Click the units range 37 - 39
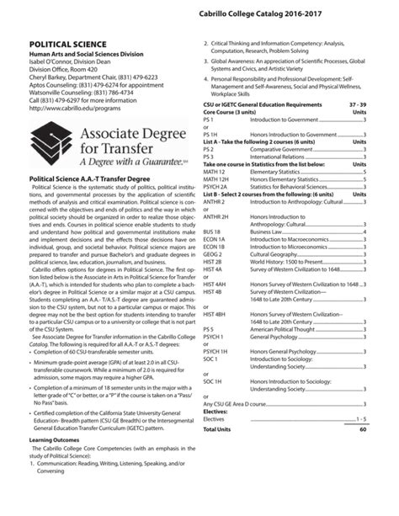(357, 104)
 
